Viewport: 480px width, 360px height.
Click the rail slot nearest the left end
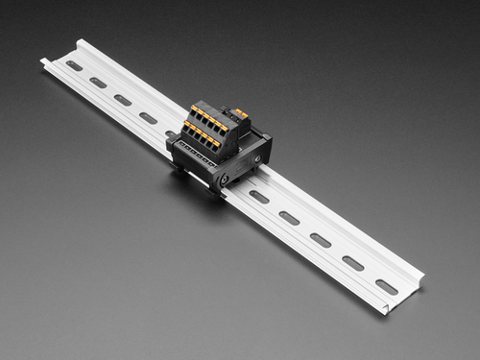[x=74, y=65]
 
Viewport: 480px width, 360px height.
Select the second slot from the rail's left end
[x=98, y=83]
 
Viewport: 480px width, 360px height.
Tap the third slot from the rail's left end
[x=123, y=100]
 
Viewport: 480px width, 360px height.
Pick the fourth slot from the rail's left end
[x=148, y=117]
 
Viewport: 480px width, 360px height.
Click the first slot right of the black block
[x=259, y=197]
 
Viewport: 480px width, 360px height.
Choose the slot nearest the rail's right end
[x=386, y=286]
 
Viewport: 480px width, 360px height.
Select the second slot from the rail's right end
[x=353, y=263]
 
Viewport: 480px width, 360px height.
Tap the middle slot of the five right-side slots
[x=321, y=240]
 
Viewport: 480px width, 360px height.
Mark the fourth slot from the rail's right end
[x=289, y=218]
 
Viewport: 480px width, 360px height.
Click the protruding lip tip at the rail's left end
[x=44, y=62]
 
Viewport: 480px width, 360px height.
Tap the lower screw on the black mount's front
[x=224, y=179]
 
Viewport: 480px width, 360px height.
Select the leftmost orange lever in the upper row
[x=195, y=109]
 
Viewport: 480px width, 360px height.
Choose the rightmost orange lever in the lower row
[x=216, y=144]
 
